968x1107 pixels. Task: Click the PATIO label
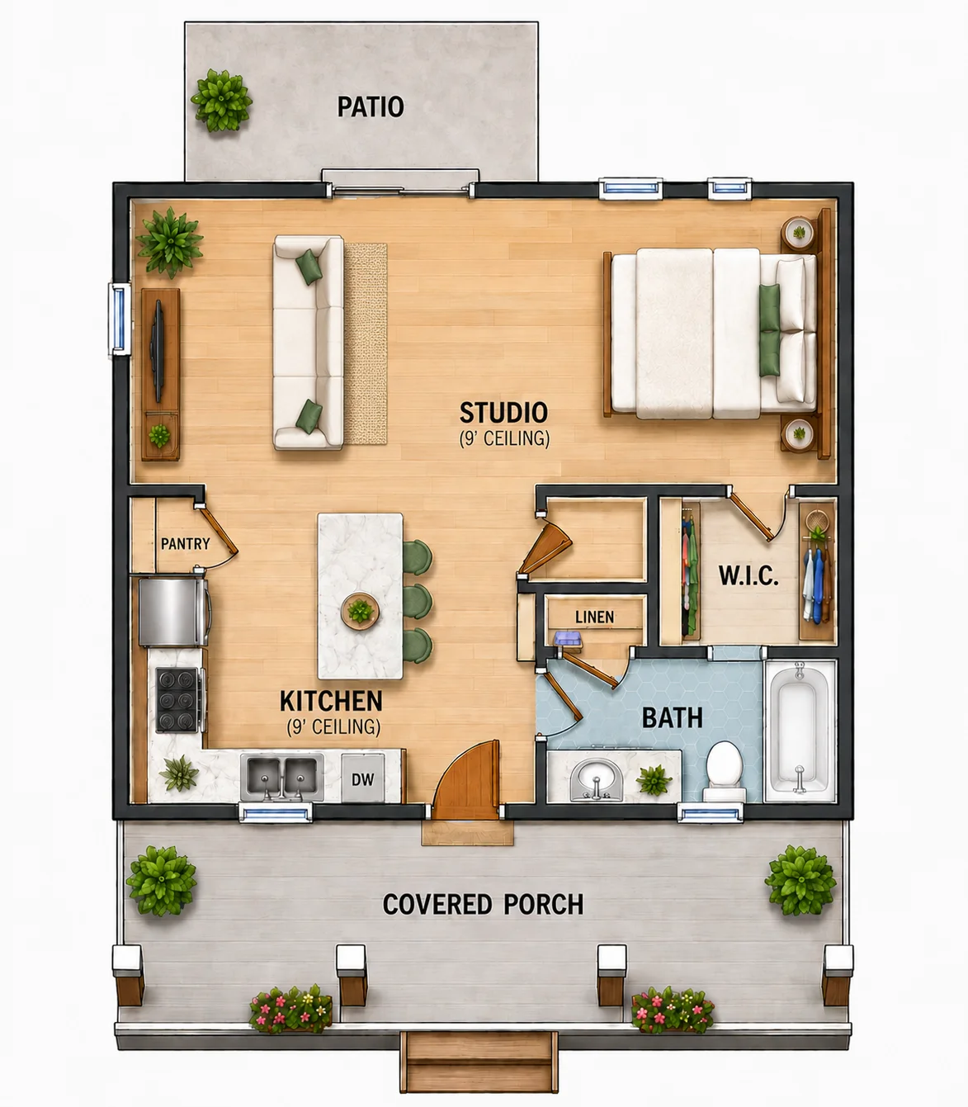tap(371, 106)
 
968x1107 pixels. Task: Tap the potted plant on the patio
tap(221, 101)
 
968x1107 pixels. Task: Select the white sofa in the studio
tap(309, 343)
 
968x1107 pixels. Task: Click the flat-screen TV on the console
tap(158, 351)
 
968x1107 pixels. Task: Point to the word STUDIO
tap(503, 413)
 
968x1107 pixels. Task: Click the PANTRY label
tap(186, 543)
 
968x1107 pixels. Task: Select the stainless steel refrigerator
tap(173, 612)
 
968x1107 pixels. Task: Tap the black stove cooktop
tap(177, 699)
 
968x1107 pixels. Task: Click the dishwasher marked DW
tap(363, 778)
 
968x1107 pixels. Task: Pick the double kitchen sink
tap(282, 778)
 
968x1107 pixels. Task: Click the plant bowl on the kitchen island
tap(360, 612)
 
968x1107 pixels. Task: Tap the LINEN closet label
tap(594, 617)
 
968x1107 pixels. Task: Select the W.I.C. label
tap(748, 575)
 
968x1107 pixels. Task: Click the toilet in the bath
tap(724, 771)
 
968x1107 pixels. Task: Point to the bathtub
tap(800, 731)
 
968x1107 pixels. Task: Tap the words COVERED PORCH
tap(483, 904)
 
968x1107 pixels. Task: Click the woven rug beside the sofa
tap(366, 343)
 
